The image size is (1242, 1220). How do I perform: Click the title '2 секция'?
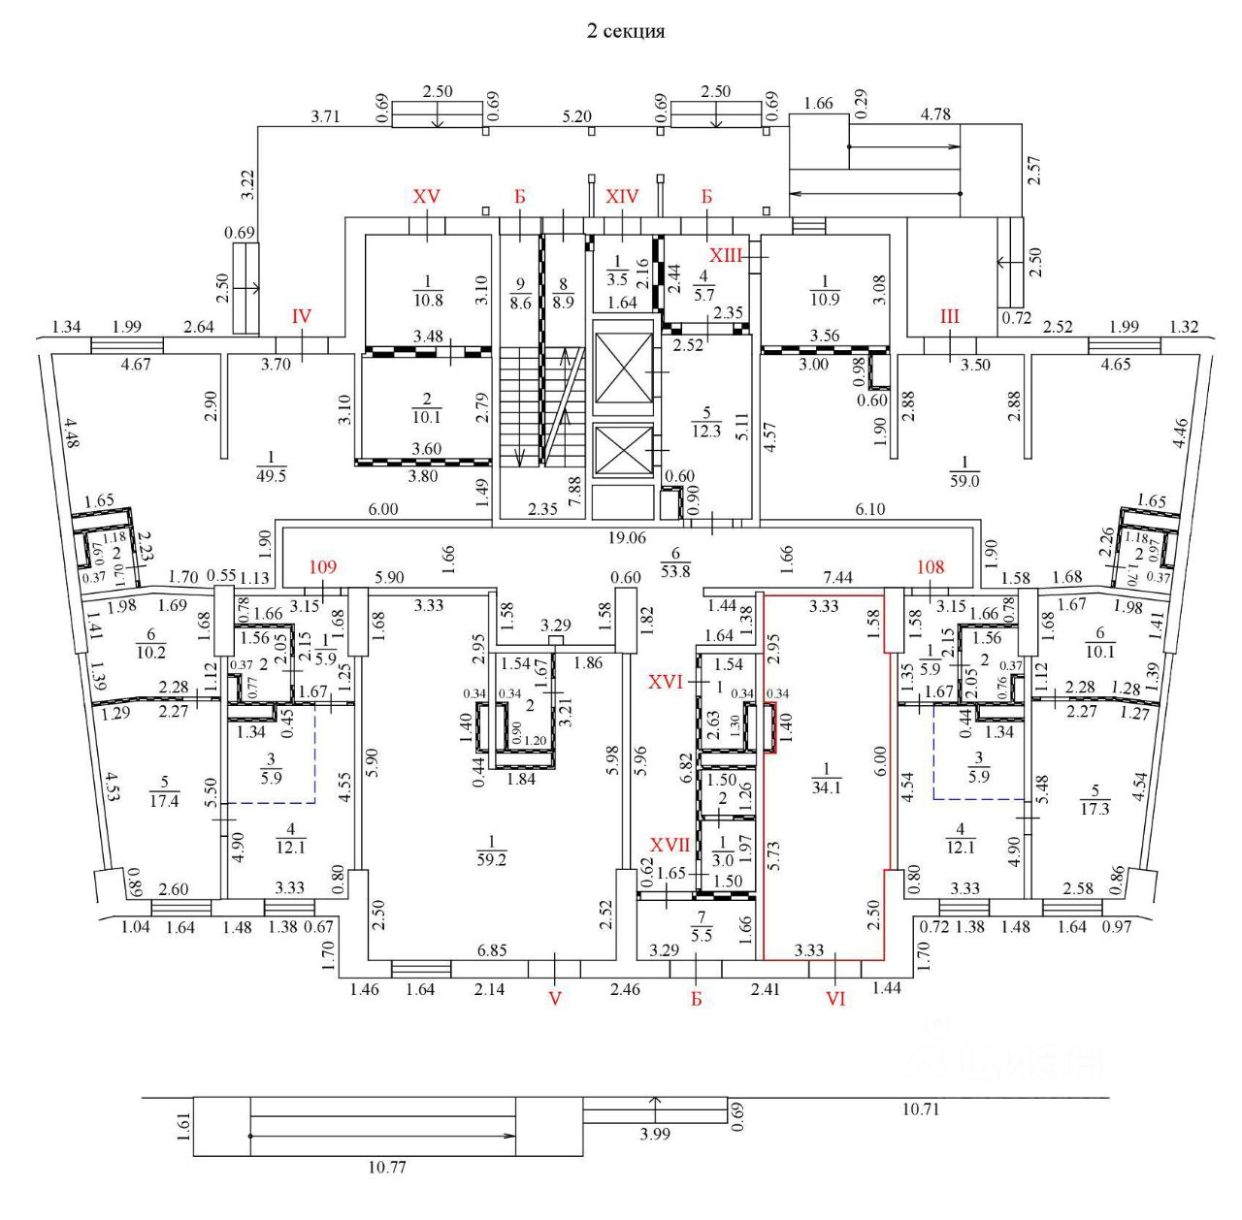click(626, 31)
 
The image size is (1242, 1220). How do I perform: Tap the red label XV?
click(427, 196)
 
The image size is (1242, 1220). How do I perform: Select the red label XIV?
click(622, 196)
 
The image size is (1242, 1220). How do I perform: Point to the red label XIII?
click(726, 256)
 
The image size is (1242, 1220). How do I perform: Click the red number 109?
click(322, 567)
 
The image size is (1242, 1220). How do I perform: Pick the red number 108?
click(931, 567)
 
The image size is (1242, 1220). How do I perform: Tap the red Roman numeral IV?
click(302, 316)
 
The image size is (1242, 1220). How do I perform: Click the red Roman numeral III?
click(949, 316)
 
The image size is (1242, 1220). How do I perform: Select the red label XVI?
click(669, 684)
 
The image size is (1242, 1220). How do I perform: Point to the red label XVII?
click(670, 846)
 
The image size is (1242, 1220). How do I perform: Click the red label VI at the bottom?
click(835, 998)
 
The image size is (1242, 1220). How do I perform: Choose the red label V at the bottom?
click(555, 998)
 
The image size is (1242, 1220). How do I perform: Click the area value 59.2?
click(492, 858)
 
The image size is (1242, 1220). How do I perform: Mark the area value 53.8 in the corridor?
click(675, 571)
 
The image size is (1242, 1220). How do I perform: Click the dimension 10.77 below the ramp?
click(386, 1168)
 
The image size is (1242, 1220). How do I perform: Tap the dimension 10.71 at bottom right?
click(920, 1109)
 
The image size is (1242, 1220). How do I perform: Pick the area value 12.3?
click(706, 432)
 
